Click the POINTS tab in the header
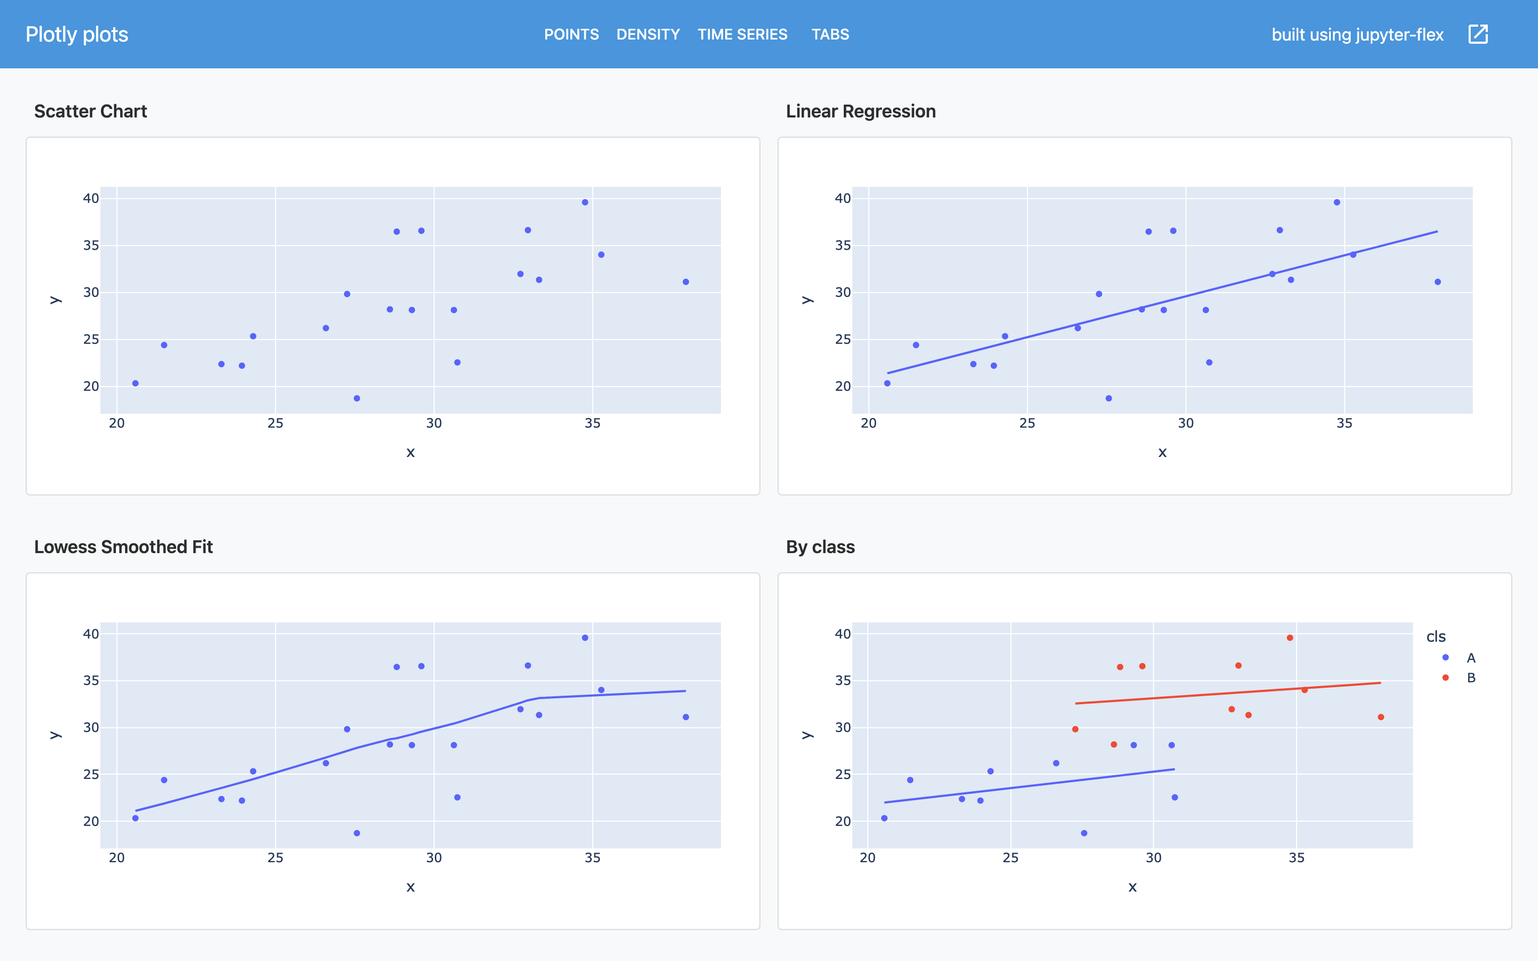tap(571, 34)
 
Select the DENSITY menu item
tap(648, 34)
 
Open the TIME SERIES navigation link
tap(742, 34)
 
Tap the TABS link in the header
tap(830, 34)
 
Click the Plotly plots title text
tap(77, 34)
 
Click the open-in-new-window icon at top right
tap(1478, 34)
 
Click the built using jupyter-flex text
tap(1357, 34)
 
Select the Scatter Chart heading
tap(90, 111)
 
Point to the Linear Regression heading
tap(860, 111)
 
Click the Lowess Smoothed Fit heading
tap(123, 547)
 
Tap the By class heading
tap(820, 547)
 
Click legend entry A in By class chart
tap(1470, 658)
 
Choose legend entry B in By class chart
tap(1470, 678)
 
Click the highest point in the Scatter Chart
tap(585, 202)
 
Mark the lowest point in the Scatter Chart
tap(357, 398)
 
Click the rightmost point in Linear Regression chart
tap(1438, 281)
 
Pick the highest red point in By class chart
tap(1290, 637)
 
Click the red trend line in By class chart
tap(1227, 693)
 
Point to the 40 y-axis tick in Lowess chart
tap(91, 634)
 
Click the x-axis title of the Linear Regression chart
tap(1162, 453)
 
